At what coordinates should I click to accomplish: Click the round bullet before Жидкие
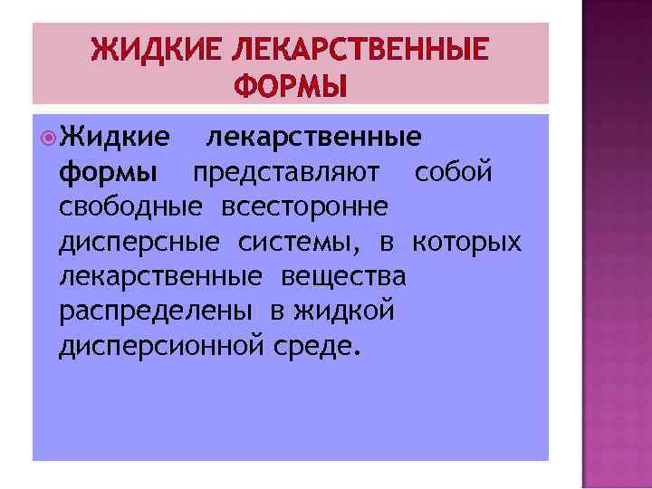[x=46, y=137]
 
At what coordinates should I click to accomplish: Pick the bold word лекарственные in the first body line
[x=313, y=137]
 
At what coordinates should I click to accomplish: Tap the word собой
[x=454, y=171]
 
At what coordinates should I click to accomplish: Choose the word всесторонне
[x=302, y=206]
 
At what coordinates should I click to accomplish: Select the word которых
[x=466, y=242]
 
